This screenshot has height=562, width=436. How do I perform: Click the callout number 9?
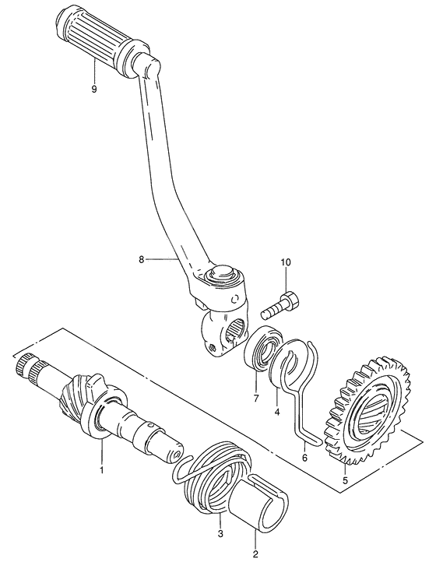click(94, 89)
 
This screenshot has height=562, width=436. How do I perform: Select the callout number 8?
click(141, 259)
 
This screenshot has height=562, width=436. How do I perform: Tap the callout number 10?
click(287, 262)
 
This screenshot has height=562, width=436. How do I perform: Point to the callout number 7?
click(256, 399)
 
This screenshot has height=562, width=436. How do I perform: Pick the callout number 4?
click(277, 413)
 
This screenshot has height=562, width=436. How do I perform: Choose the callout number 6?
click(304, 458)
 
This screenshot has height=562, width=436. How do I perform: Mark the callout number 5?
click(345, 480)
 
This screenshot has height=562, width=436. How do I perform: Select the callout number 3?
click(220, 534)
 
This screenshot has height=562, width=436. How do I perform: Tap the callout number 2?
click(255, 554)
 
